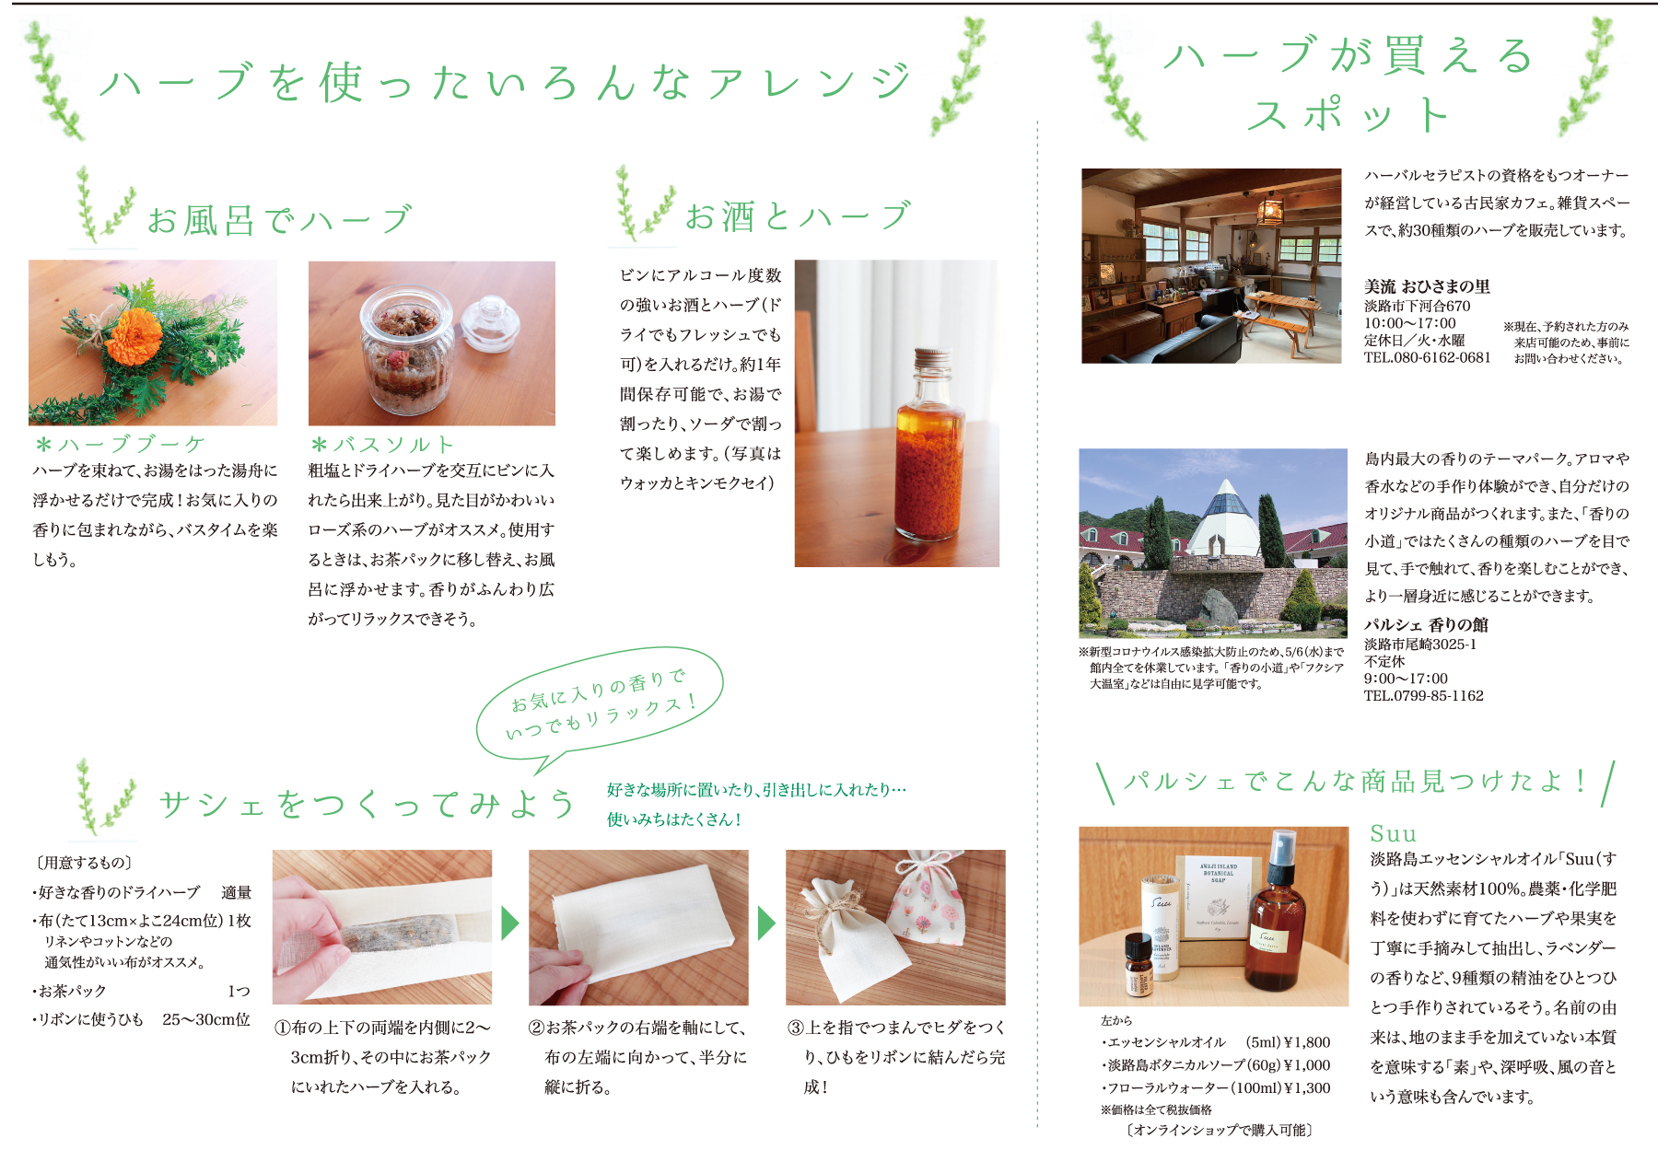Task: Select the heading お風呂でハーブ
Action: (x=279, y=220)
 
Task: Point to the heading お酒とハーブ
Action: (x=798, y=216)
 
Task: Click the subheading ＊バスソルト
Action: (x=382, y=445)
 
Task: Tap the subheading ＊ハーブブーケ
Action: (x=120, y=445)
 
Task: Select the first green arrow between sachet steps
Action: (x=509, y=923)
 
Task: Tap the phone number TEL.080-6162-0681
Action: (x=1427, y=357)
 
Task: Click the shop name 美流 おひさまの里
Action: (x=1427, y=286)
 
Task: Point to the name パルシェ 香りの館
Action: (x=1426, y=624)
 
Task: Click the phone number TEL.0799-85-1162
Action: (x=1424, y=696)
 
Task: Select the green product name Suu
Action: (x=1393, y=834)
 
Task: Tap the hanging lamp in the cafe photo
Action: (x=1270, y=209)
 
